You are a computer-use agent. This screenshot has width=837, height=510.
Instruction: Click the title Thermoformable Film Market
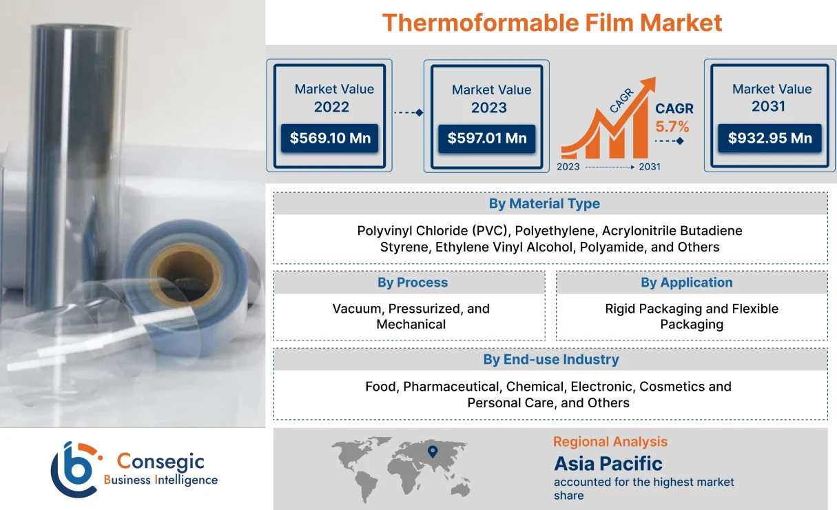[x=552, y=23]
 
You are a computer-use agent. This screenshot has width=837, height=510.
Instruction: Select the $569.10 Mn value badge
[x=330, y=138]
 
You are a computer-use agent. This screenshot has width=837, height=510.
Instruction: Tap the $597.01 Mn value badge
[x=487, y=138]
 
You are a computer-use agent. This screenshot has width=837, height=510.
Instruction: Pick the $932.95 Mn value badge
[x=769, y=138]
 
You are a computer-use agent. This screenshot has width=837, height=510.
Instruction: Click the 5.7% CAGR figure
[x=672, y=127]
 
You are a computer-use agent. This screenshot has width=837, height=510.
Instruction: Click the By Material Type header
[x=544, y=204]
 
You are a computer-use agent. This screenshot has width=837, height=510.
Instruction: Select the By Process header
[x=412, y=283]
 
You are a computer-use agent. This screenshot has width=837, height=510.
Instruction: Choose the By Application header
[x=686, y=283]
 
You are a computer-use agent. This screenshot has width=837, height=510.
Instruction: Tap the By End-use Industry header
[x=550, y=360]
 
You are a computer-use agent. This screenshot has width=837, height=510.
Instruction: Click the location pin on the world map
[x=433, y=452]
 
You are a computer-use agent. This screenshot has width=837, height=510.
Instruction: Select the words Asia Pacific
[x=608, y=463]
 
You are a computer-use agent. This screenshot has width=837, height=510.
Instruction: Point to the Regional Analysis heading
[x=610, y=442]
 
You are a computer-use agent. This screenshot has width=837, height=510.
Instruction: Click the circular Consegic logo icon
[x=74, y=469]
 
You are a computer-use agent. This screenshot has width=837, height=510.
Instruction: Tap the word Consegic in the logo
[x=161, y=462]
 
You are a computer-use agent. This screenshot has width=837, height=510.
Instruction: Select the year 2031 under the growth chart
[x=649, y=167]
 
